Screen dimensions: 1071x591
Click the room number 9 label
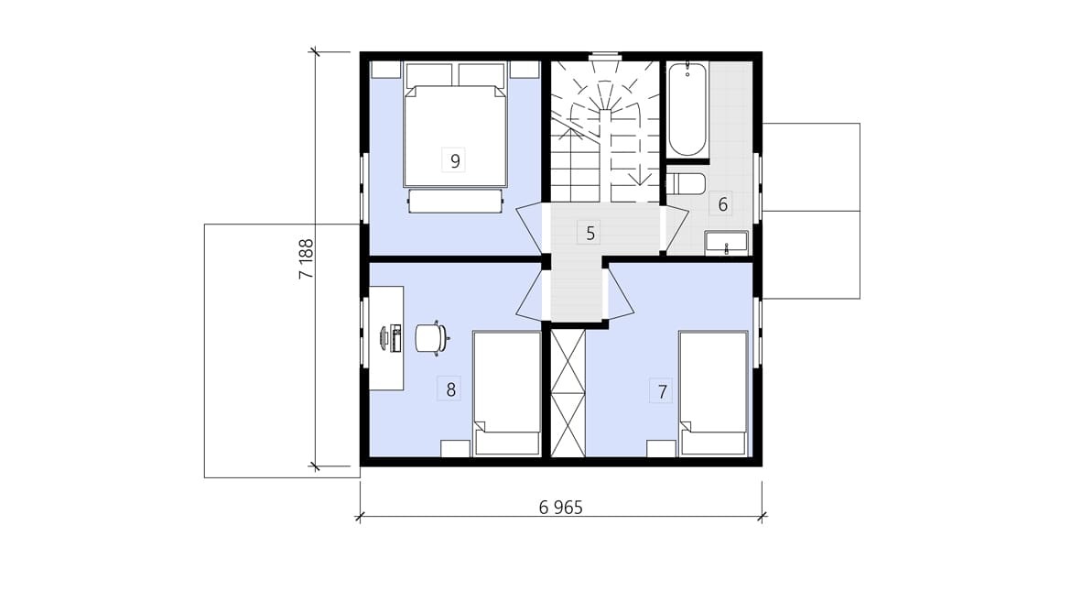pos(455,160)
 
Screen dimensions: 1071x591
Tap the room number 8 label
pos(450,390)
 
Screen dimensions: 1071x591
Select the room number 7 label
pos(662,392)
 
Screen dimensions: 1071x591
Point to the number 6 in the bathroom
pos(722,203)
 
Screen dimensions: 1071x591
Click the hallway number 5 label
pos(590,234)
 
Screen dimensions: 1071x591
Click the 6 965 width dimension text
pos(560,508)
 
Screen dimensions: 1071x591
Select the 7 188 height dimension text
pos(306,258)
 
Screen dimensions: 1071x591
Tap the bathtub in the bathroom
pos(687,110)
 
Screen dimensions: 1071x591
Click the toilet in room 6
pos(685,183)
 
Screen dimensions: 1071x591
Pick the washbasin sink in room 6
pos(726,243)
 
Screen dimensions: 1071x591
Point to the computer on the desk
pos(392,339)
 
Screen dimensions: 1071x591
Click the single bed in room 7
pos(713,393)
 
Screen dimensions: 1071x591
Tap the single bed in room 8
pos(507,393)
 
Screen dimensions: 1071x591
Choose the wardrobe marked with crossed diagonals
pos(568,393)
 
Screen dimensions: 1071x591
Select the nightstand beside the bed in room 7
pos(661,448)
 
